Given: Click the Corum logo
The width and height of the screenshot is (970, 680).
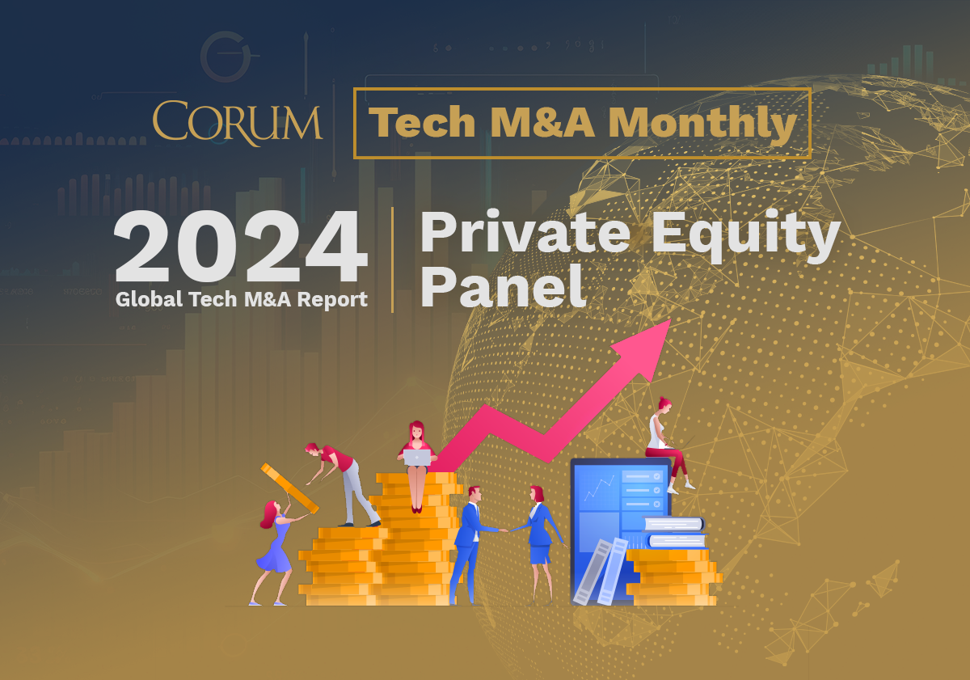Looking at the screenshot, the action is (x=238, y=123).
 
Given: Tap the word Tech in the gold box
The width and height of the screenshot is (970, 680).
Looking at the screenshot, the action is (x=422, y=122).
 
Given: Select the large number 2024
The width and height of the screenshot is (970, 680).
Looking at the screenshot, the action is (x=241, y=246).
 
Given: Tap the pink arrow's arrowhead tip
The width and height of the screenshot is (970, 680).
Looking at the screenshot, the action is (x=671, y=319).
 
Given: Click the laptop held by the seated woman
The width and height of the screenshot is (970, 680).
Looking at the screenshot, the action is (x=417, y=458).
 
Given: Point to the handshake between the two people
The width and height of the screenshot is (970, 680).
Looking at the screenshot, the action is (x=505, y=530).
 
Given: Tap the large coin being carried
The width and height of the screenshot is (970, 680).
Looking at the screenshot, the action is (x=289, y=488).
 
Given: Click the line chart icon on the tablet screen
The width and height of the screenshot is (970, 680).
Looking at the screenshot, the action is (x=599, y=488).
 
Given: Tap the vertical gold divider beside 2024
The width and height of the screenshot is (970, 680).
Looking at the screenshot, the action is (x=392, y=260).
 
